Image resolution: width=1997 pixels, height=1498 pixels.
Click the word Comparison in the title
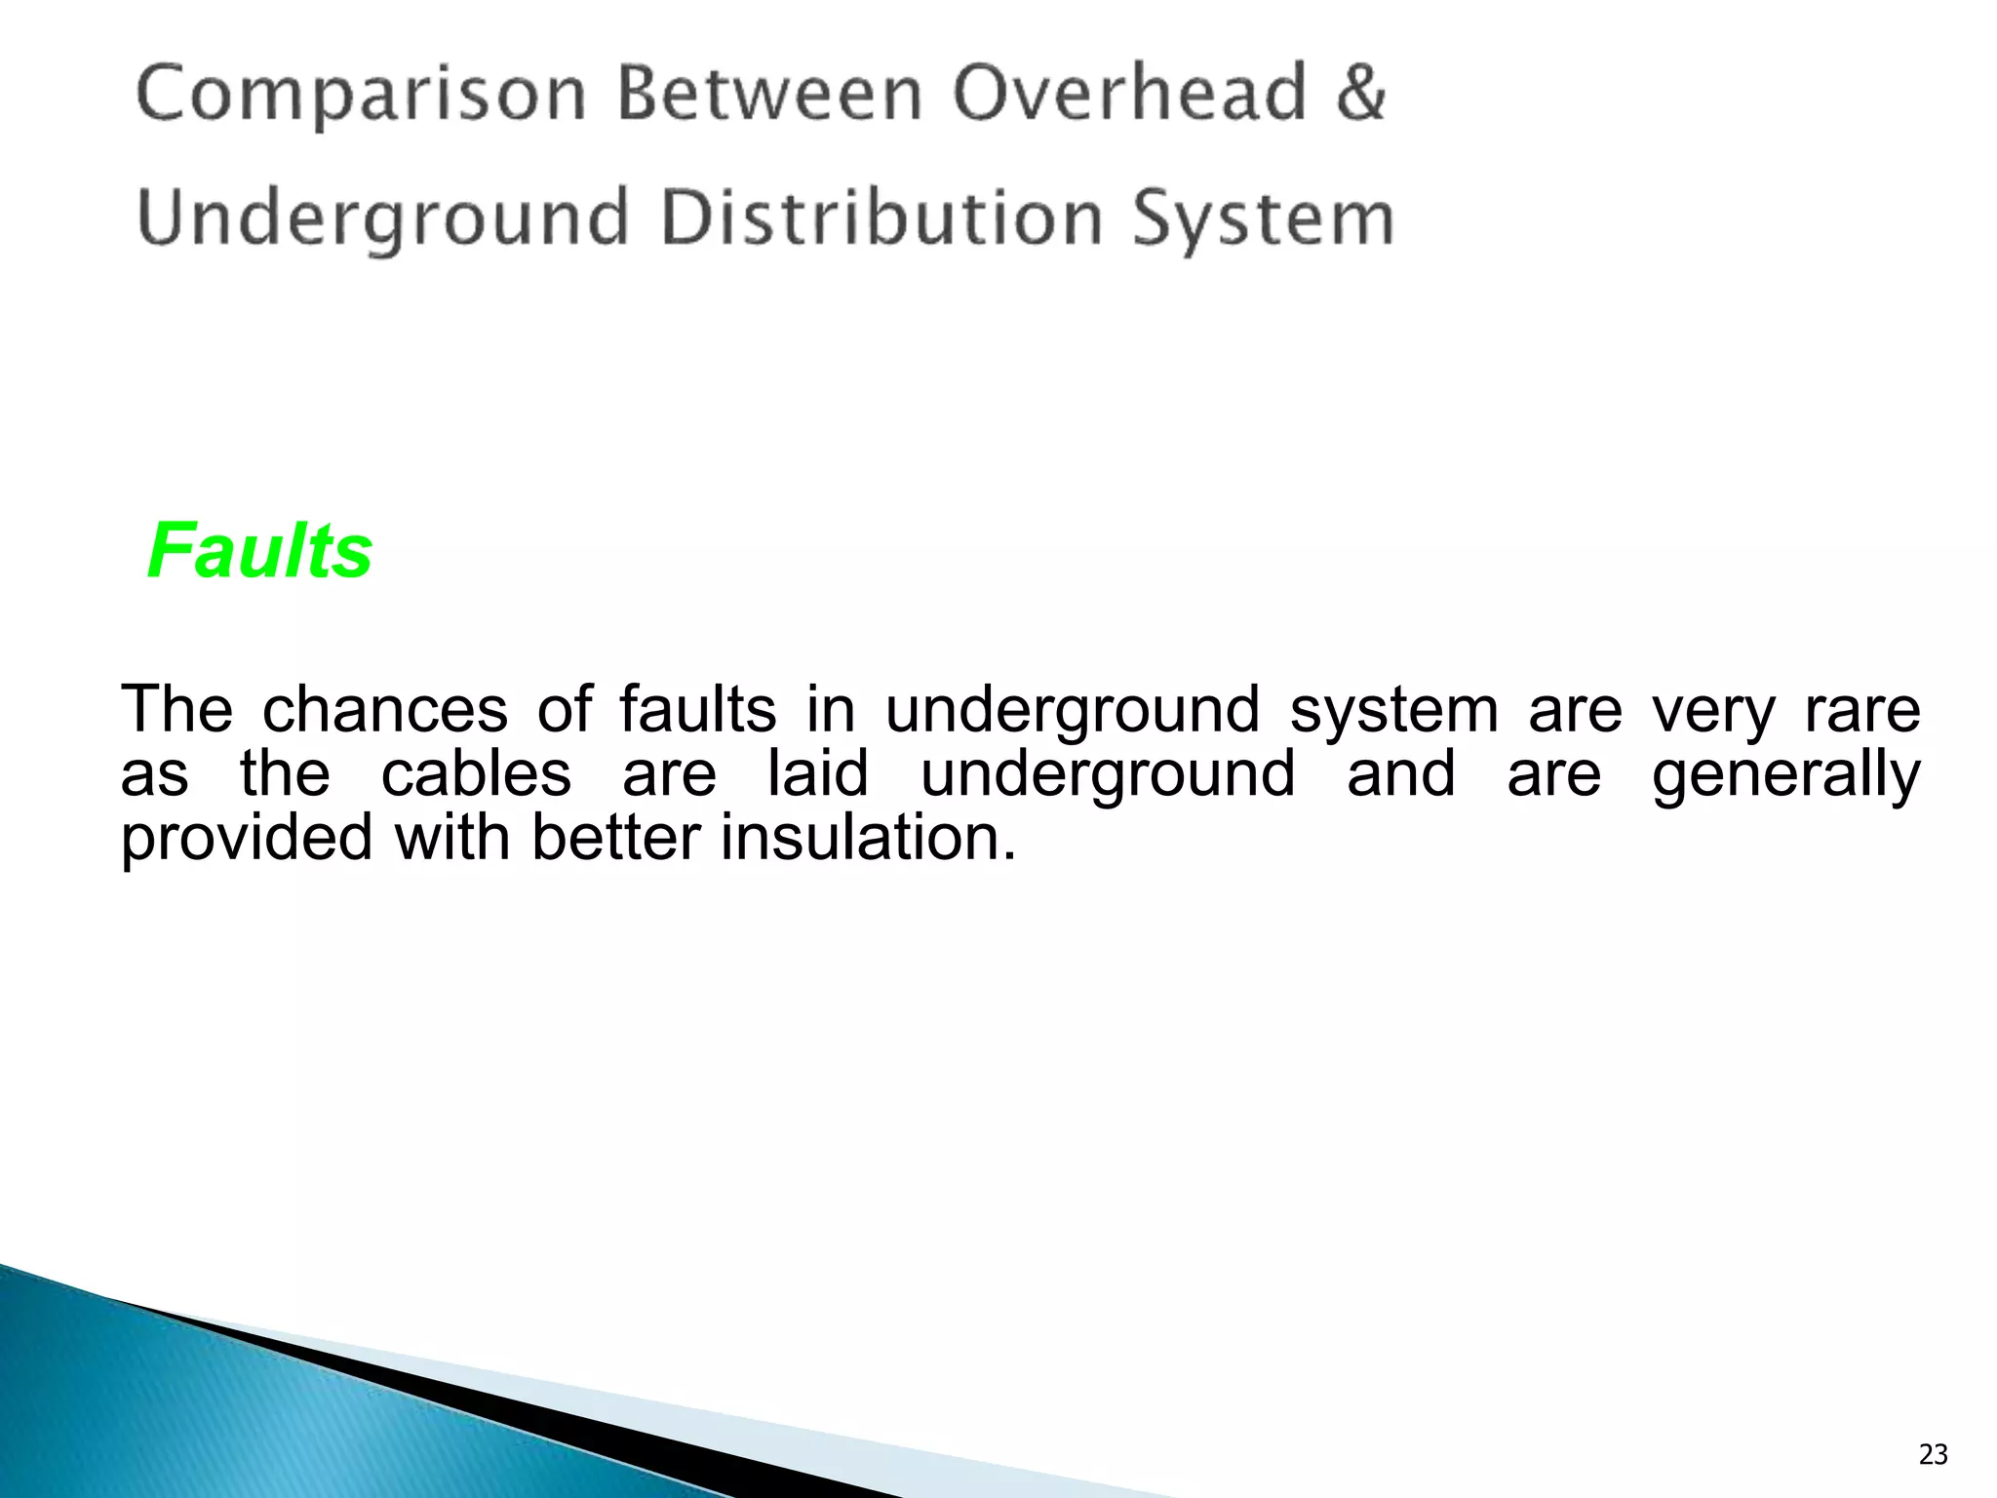(361, 95)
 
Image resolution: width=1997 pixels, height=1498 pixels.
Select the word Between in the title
(769, 95)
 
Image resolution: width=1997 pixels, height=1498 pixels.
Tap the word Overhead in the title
(1129, 95)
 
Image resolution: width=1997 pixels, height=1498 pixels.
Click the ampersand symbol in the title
(1360, 95)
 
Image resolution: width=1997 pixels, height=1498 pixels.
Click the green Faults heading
(260, 551)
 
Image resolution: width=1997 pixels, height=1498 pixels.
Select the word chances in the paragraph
(385, 709)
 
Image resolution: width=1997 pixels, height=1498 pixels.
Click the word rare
(1862, 709)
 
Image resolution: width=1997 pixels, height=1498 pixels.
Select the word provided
(247, 838)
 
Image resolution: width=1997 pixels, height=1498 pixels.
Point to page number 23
(1933, 1454)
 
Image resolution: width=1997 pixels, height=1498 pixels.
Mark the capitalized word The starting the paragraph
(176, 709)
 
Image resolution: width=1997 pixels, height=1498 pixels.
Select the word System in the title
(1263, 219)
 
